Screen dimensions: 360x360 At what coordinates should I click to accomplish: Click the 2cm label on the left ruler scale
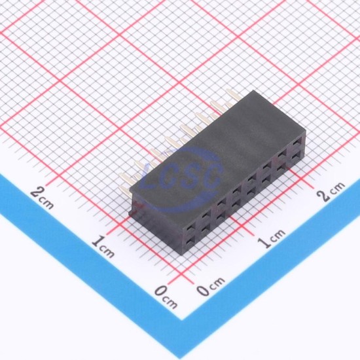point(43,198)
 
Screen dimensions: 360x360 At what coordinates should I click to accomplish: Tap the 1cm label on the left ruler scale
point(103,247)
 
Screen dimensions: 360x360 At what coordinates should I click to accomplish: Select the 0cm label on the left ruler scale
point(166,297)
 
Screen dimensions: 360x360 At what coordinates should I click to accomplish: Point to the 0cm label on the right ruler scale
point(211,286)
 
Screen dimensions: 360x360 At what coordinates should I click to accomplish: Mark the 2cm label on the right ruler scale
point(331,192)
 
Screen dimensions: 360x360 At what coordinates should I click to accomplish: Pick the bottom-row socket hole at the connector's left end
point(190,240)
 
